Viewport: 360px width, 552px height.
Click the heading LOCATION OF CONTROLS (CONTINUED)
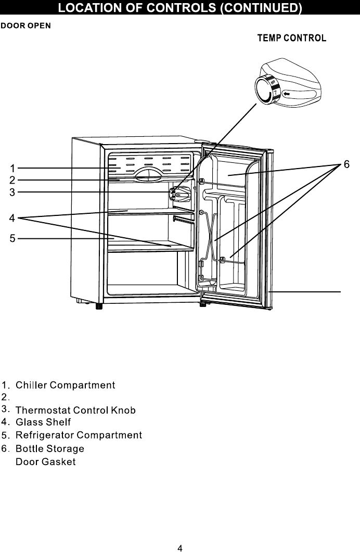(x=179, y=8)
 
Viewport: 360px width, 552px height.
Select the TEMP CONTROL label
(x=292, y=38)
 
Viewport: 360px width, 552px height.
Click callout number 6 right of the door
(x=346, y=164)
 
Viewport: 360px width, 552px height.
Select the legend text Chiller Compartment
(x=65, y=386)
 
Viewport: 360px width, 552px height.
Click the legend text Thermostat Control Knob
(x=75, y=410)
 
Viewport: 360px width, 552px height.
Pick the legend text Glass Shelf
(x=43, y=422)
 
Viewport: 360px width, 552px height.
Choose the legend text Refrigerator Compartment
(x=79, y=434)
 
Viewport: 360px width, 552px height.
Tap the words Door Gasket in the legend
(x=46, y=462)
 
